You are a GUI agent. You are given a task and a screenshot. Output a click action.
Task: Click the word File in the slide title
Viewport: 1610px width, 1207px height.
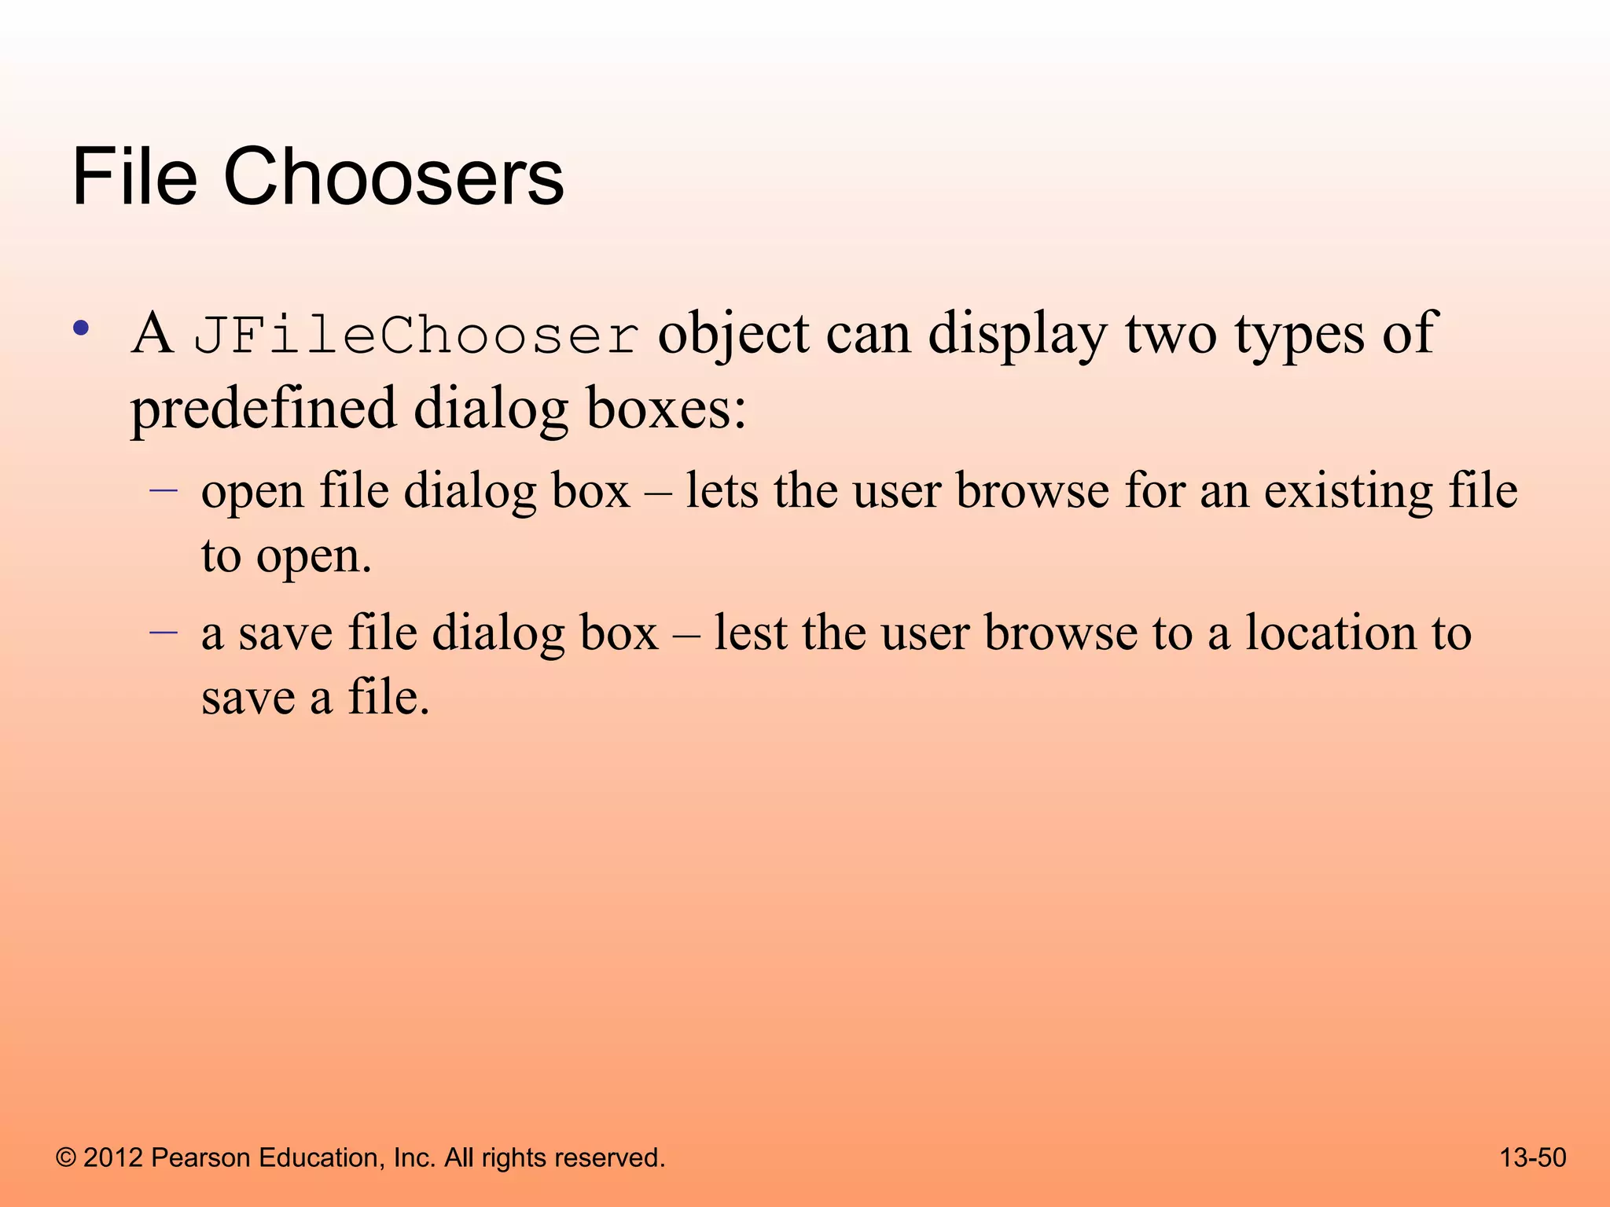(134, 178)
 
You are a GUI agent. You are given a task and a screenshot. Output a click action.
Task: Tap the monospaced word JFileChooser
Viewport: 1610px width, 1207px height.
(417, 336)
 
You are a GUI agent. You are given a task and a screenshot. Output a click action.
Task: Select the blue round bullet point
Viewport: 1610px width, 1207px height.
(80, 328)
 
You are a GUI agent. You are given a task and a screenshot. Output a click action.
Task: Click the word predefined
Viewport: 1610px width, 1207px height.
(263, 409)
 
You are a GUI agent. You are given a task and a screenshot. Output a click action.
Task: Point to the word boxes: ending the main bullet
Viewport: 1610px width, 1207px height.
(667, 409)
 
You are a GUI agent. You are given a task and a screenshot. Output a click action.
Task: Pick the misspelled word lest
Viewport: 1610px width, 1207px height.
(750, 633)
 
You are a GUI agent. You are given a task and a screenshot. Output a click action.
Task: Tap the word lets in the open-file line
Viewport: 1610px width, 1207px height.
(722, 491)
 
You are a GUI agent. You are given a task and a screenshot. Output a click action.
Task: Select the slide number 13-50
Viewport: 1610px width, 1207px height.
(1532, 1157)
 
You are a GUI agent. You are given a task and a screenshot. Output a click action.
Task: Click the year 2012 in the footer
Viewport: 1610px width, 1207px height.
(113, 1157)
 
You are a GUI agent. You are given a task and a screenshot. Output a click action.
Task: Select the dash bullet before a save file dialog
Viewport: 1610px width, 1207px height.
(164, 632)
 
